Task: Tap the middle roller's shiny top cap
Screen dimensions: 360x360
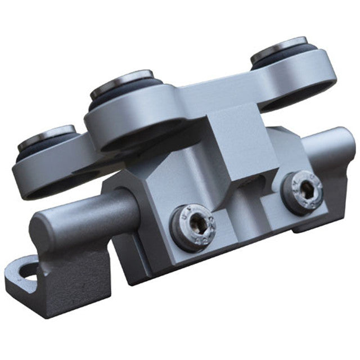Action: pyautogui.click(x=123, y=79)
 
